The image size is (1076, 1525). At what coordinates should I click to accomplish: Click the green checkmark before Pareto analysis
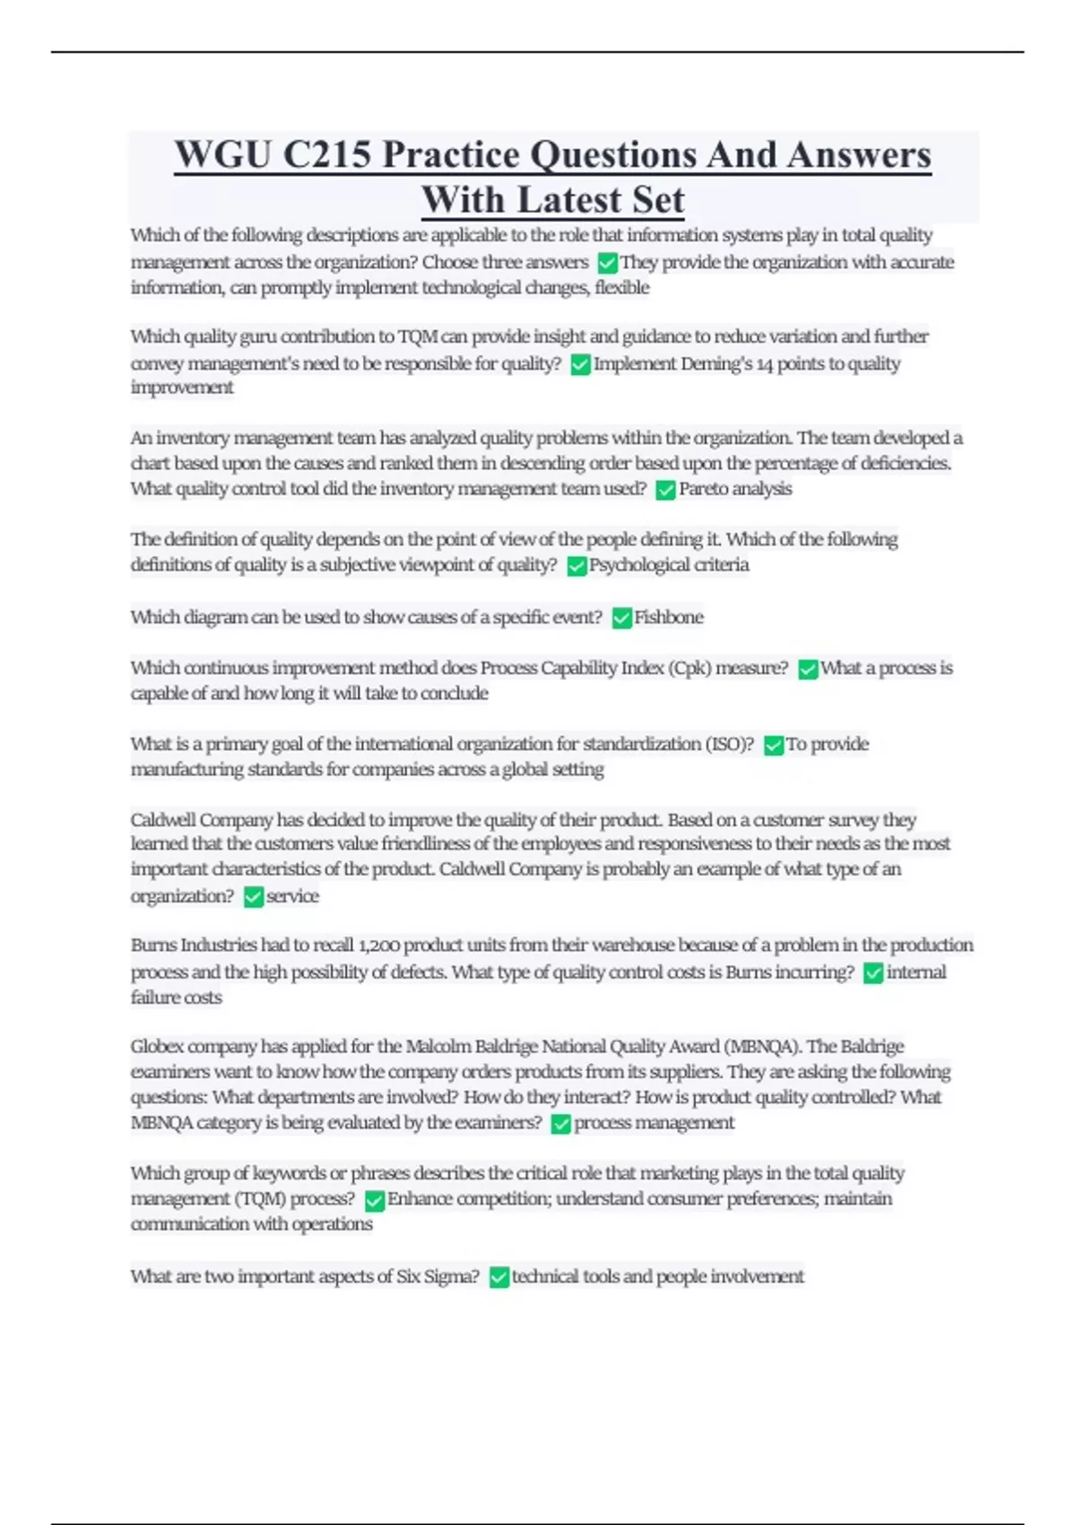pos(665,490)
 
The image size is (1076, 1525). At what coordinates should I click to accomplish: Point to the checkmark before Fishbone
pos(621,618)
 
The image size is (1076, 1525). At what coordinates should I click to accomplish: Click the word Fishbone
pos(669,617)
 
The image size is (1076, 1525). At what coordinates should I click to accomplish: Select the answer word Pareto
pos(704,489)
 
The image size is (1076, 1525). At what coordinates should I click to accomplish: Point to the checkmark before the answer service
pos(254,897)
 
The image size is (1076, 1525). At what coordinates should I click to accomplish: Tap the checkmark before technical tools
pos(499,1277)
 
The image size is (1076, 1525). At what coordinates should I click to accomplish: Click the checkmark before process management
pos(561,1124)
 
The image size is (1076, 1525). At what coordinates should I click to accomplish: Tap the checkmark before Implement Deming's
pos(580,365)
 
